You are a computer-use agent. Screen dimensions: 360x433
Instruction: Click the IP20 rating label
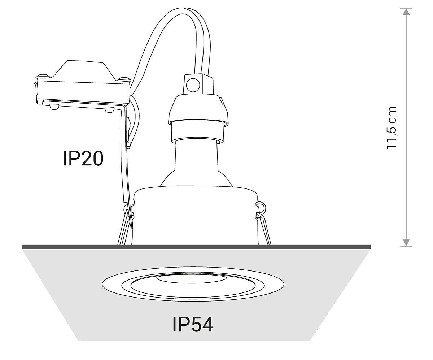pyautogui.click(x=83, y=159)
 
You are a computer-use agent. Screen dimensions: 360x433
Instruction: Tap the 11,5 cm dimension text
pyautogui.click(x=392, y=127)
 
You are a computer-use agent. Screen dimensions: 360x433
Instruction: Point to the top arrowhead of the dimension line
pyautogui.click(x=407, y=12)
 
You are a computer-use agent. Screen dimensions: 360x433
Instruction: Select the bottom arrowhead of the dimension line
pyautogui.click(x=407, y=242)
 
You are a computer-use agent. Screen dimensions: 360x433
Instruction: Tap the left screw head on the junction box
pyautogui.click(x=43, y=76)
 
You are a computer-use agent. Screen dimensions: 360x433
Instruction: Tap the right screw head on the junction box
pyautogui.click(x=124, y=78)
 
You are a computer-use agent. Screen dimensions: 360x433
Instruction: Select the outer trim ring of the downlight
pyautogui.click(x=108, y=285)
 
